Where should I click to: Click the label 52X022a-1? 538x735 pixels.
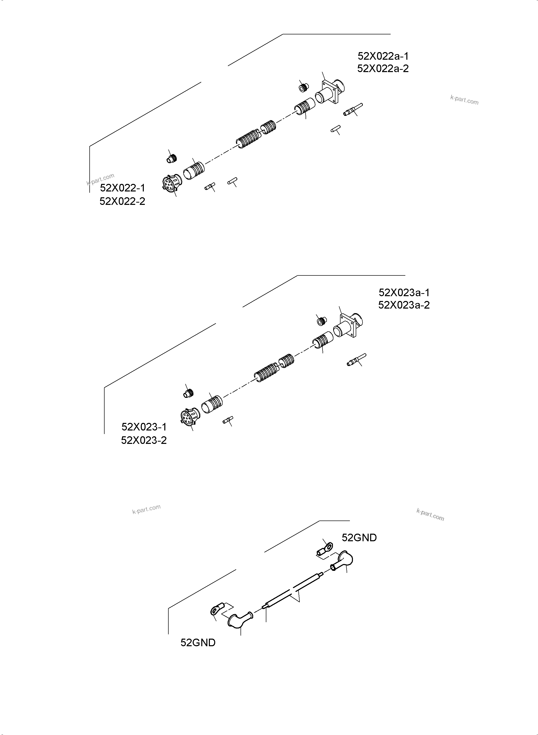pos(383,56)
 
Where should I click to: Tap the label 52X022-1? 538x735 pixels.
pos(123,188)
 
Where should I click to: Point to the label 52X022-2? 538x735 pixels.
pos(123,201)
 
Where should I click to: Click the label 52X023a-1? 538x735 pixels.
pos(404,292)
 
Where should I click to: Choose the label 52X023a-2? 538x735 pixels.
pos(404,305)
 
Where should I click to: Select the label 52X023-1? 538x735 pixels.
pos(144,426)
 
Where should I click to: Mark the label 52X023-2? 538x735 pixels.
pos(144,440)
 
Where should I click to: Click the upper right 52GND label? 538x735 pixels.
pos(359,538)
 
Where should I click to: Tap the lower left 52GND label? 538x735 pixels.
pos(198,643)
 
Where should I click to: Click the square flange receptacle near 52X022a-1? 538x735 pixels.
pos(330,92)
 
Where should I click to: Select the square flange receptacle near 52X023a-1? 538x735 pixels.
pos(348,326)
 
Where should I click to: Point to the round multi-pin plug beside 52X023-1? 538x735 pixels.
pos(190,417)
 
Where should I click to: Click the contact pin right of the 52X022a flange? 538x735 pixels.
pos(353,110)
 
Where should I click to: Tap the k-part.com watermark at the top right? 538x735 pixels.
pos(464,100)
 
